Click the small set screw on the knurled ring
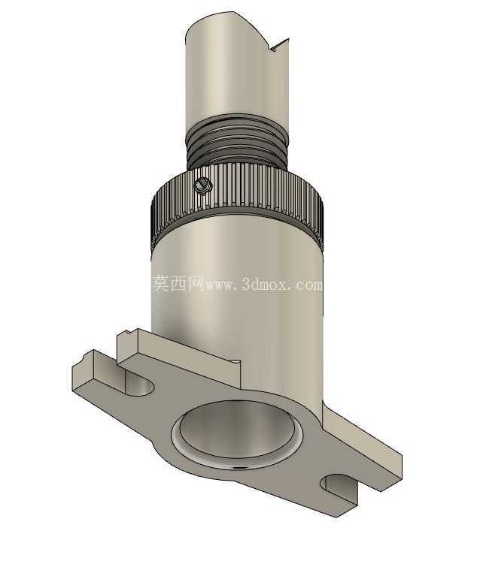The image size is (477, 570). [202, 185]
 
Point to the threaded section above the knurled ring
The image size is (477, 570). [237, 143]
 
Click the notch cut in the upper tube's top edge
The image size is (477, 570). [278, 46]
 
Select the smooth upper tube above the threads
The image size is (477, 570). [237, 69]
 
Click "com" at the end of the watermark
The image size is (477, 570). [310, 285]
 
